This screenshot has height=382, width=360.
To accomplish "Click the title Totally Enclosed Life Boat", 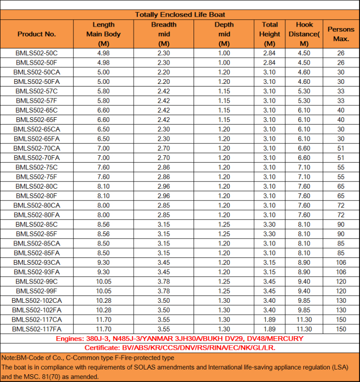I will coord(180,15).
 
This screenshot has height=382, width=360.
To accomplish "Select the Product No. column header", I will coord(37,34).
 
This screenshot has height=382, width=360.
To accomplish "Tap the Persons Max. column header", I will coord(341,34).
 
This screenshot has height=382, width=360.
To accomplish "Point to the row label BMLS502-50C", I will coord(37,53).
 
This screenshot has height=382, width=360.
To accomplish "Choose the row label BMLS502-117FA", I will coord(37,329).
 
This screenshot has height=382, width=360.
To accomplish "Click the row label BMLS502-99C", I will coord(37,281).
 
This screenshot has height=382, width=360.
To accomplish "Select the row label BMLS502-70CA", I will coord(37,148).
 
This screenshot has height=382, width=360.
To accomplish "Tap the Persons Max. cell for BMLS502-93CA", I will coord(341,262).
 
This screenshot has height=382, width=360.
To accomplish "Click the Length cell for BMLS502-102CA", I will coord(103,300).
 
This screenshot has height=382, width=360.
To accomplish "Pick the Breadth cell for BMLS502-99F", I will coord(164,291).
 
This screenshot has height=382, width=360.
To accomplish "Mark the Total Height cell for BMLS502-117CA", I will coord(269,319).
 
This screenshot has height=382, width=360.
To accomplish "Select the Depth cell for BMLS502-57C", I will coord(224,91).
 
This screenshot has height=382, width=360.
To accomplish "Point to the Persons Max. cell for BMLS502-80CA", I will coord(341,205).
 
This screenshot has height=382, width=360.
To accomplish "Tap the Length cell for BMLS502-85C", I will coord(103,224).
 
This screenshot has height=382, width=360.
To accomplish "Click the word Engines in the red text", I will coord(71,339).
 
